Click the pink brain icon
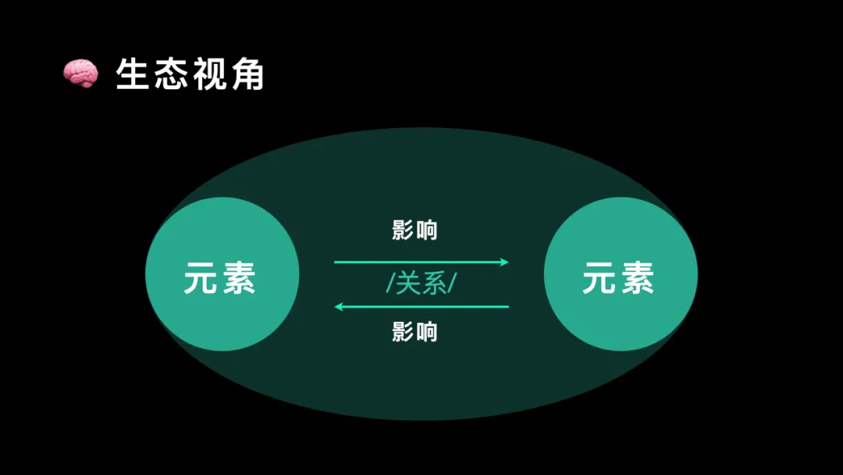80,73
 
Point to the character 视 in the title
208,74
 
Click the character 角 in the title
246,74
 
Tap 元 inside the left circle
201,277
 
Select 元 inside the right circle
599,277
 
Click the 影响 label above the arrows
414,230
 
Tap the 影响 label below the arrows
414,332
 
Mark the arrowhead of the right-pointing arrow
505,262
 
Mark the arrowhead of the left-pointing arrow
339,307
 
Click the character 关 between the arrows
409,284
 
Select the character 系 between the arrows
434,284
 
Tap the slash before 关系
390,284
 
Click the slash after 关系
452,284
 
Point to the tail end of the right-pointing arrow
336,262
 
